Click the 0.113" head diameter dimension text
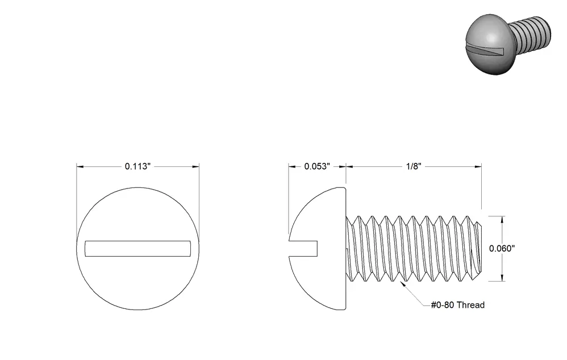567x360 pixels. tap(137, 166)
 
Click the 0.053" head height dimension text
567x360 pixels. tap(317, 166)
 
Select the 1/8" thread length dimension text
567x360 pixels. tap(414, 166)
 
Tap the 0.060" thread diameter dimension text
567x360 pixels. tap(502, 248)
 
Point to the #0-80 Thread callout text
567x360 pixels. tap(457, 305)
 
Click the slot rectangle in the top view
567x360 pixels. tap(137, 249)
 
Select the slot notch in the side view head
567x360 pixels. tap(303, 249)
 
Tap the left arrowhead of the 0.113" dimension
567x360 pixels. tap(80, 166)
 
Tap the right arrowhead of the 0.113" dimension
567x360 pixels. tap(195, 166)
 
